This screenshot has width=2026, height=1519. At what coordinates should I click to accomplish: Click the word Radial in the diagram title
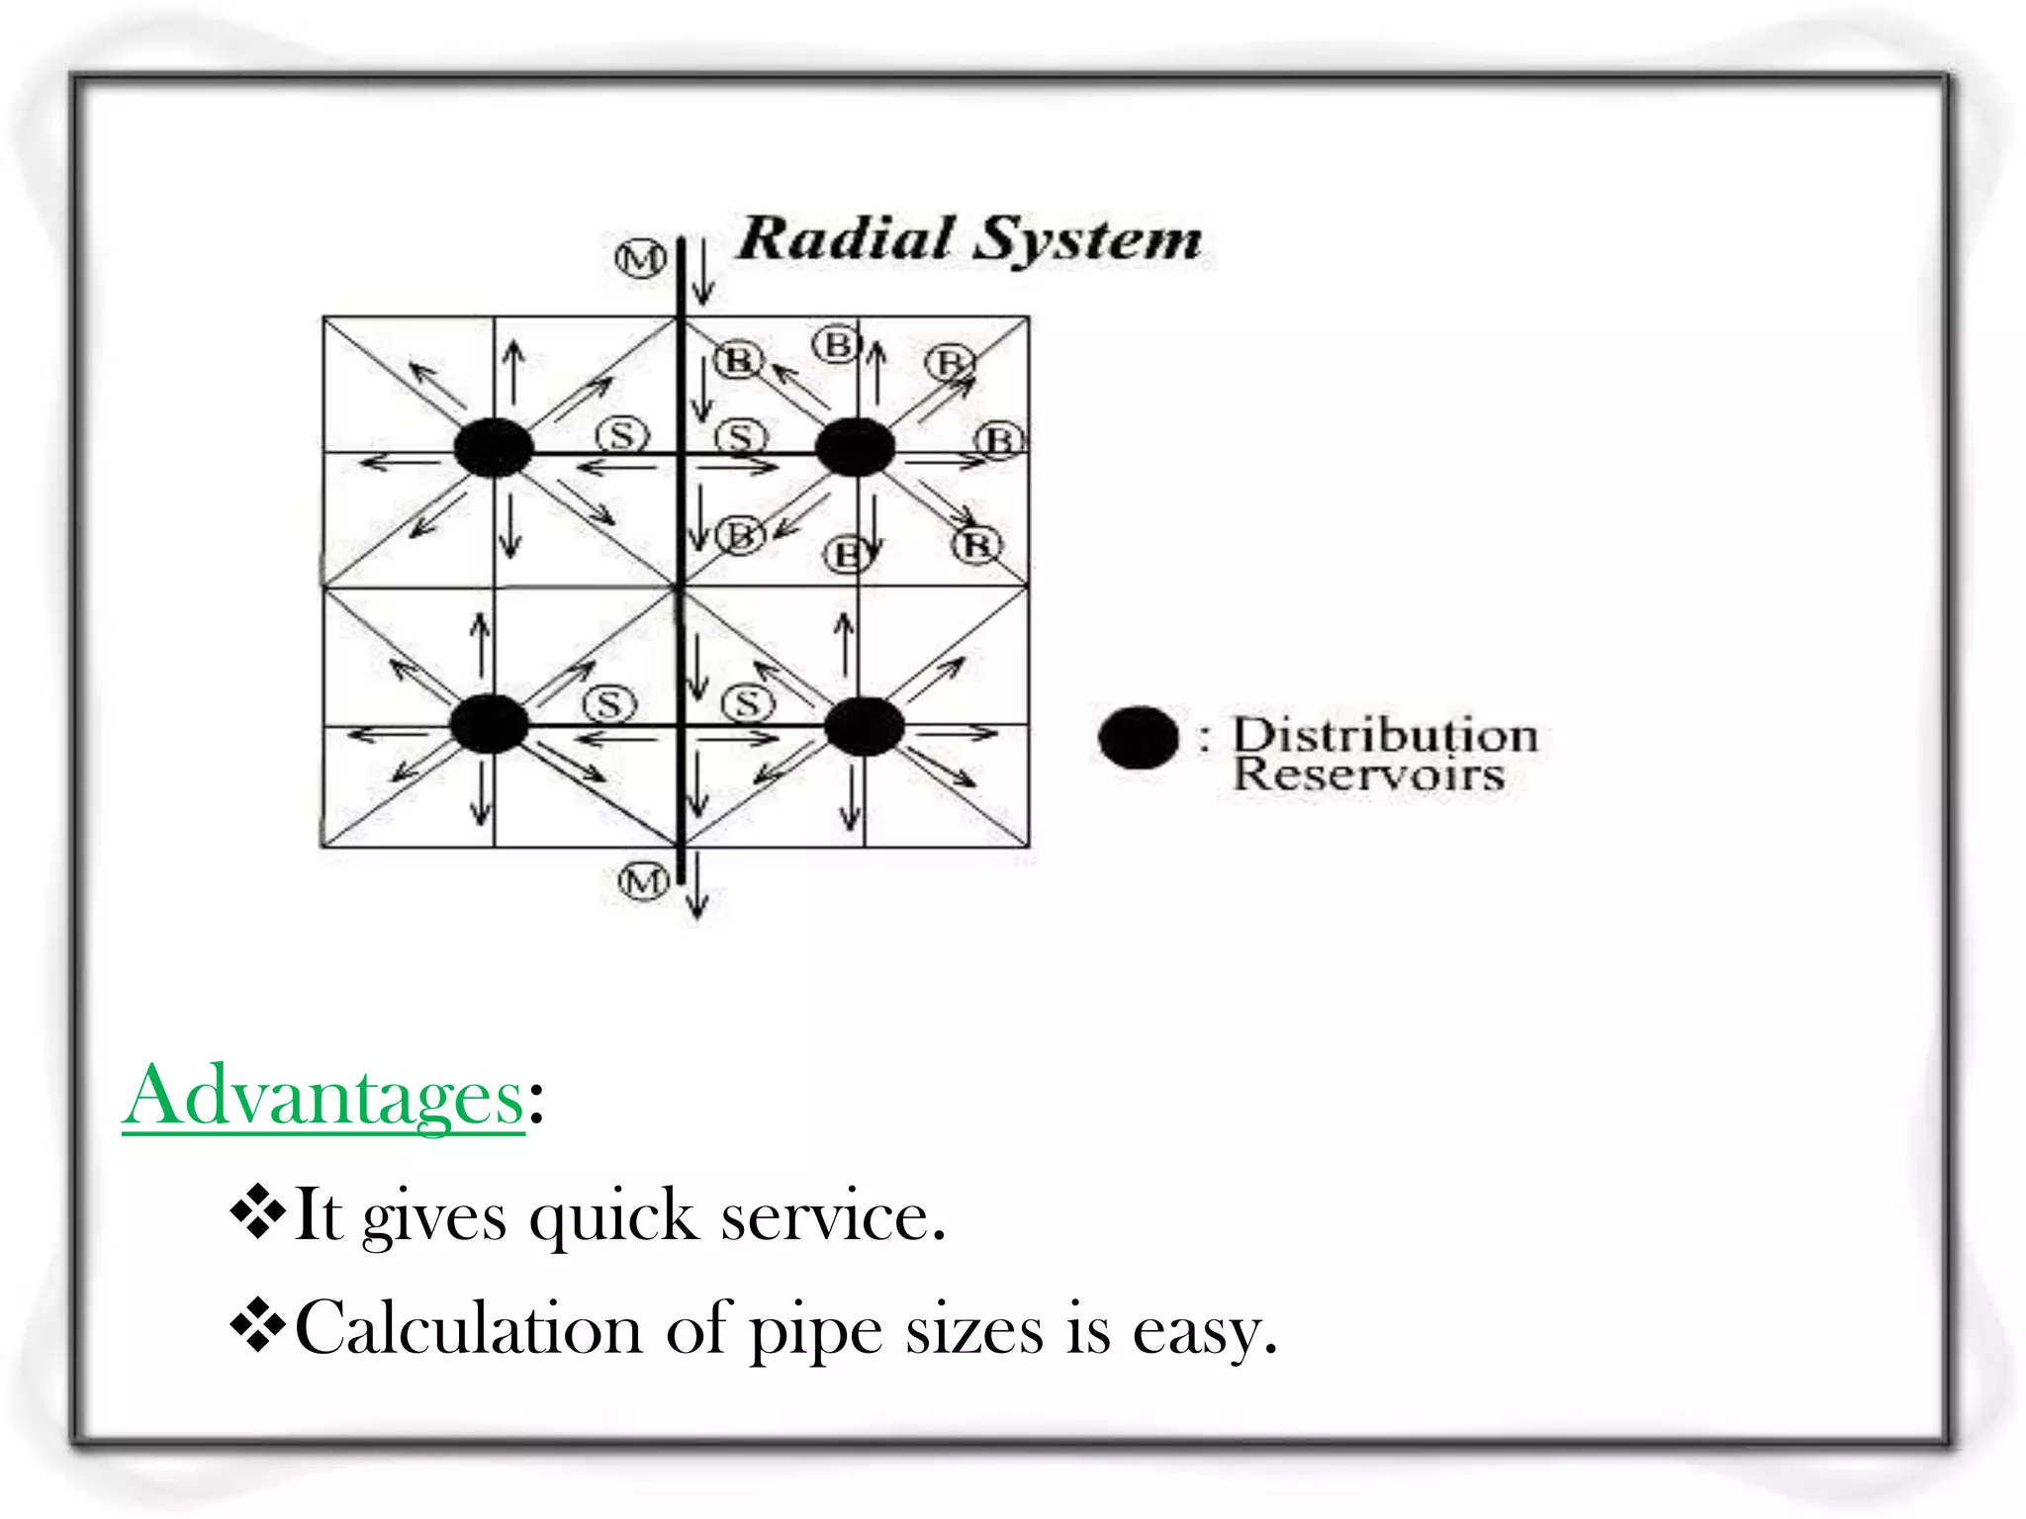(846, 239)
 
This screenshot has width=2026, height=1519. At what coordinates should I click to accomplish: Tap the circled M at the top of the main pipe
(641, 260)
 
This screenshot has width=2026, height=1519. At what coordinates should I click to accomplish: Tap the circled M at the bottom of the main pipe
(643, 879)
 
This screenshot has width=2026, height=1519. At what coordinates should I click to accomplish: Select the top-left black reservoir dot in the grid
(494, 447)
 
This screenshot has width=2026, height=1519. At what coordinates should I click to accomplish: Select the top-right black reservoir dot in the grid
(855, 447)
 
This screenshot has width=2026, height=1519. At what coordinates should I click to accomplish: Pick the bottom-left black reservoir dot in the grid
(490, 723)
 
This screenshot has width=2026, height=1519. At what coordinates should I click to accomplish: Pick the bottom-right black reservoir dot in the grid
(864, 727)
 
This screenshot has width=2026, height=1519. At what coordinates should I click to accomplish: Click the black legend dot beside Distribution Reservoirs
(1138, 738)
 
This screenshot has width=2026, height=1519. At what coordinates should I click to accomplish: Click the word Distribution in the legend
(1385, 736)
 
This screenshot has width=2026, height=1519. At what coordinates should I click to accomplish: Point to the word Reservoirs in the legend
(1368, 774)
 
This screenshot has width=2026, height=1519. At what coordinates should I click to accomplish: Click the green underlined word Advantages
(323, 1097)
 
